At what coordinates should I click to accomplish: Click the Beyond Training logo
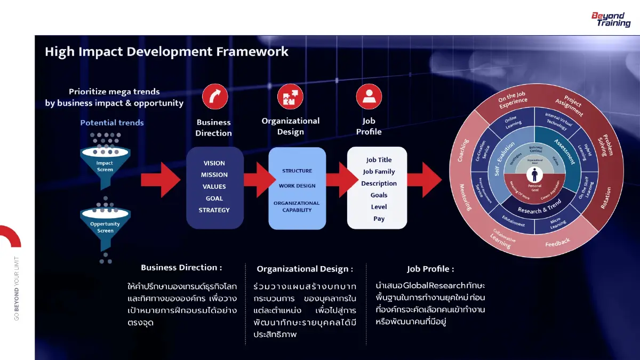click(611, 20)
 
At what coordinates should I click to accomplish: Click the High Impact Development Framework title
click(166, 52)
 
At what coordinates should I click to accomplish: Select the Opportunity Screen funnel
click(105, 225)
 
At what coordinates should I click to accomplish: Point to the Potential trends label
click(112, 123)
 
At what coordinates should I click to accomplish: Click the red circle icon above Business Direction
click(214, 97)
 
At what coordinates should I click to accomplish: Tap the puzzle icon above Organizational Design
click(290, 97)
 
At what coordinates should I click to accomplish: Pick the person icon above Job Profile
click(369, 97)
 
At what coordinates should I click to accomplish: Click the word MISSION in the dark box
click(214, 175)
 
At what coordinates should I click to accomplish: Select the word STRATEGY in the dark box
click(214, 210)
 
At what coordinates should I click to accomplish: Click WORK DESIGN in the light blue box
click(297, 186)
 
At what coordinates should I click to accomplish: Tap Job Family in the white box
click(379, 172)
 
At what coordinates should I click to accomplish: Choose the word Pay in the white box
click(379, 219)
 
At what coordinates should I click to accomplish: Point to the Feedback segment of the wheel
click(557, 243)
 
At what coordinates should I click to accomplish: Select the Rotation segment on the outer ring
click(606, 198)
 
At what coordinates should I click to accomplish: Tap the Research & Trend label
click(539, 210)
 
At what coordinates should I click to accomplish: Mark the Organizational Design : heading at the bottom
click(305, 269)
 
